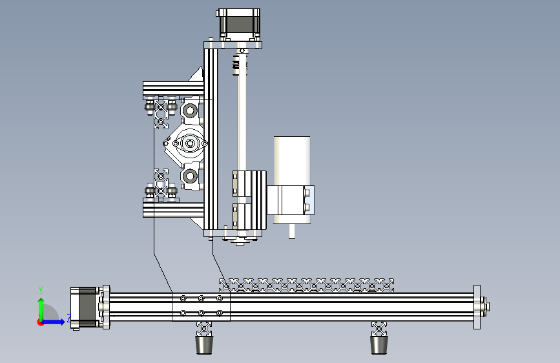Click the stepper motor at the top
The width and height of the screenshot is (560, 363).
click(x=239, y=25)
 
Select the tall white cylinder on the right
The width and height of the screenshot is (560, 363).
click(x=292, y=161)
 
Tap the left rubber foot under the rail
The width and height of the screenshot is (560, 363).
click(x=204, y=344)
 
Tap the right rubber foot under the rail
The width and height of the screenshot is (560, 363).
click(x=379, y=344)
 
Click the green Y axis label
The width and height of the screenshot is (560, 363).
click(x=41, y=291)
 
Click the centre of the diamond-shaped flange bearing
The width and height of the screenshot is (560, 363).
click(x=190, y=143)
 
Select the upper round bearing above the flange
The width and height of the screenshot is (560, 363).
click(x=190, y=110)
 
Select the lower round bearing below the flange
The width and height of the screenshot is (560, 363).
click(x=190, y=176)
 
